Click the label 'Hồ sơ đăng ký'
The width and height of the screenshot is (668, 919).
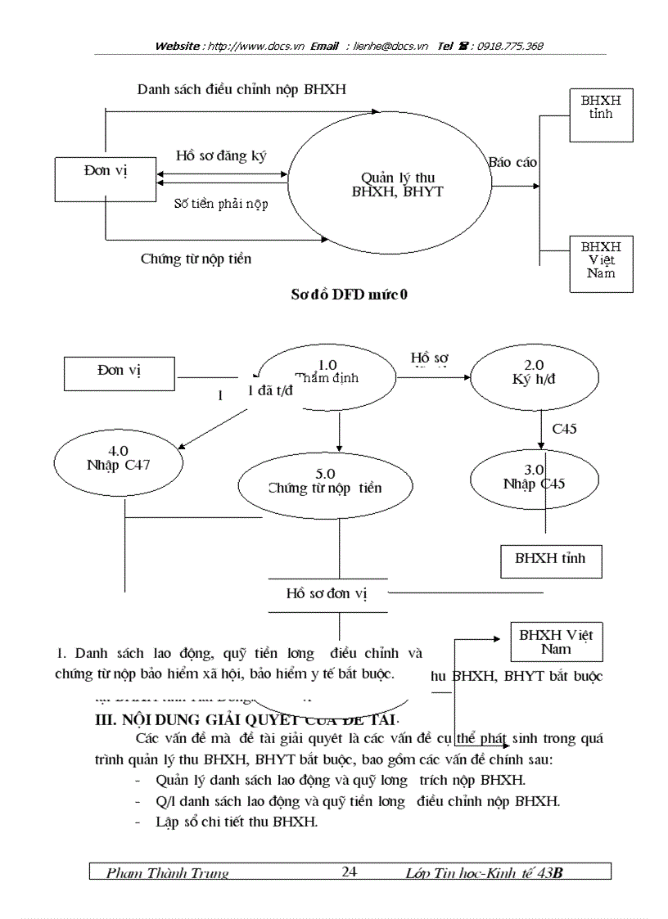[221, 155]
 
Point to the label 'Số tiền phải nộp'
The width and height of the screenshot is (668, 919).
[221, 204]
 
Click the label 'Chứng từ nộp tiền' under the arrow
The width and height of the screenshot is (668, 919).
[196, 259]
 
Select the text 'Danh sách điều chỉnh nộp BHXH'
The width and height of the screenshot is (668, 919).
[241, 89]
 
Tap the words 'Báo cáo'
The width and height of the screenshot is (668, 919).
[513, 162]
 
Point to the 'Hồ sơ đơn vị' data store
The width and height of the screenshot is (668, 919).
[327, 594]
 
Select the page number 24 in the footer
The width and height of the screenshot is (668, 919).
[350, 872]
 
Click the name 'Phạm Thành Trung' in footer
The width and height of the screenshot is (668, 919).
[168, 873]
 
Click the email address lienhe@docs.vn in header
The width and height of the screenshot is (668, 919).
[390, 47]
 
